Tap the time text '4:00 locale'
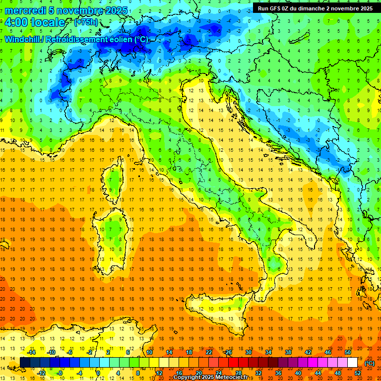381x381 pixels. (35, 23)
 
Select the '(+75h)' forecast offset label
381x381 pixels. (85, 22)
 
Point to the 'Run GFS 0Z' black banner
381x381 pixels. (316, 8)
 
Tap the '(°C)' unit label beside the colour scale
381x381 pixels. (370, 363)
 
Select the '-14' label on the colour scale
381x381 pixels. (31, 352)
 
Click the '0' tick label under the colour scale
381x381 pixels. (98, 373)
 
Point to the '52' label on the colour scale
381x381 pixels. (358, 373)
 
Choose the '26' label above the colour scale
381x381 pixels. (228, 352)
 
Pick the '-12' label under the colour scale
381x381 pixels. (42, 373)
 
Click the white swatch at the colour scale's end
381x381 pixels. (352, 363)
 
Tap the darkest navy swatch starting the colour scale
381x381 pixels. (25, 363)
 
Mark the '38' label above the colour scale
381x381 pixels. (288, 352)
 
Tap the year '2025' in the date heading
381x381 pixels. (115, 10)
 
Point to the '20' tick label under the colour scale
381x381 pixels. (198, 373)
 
